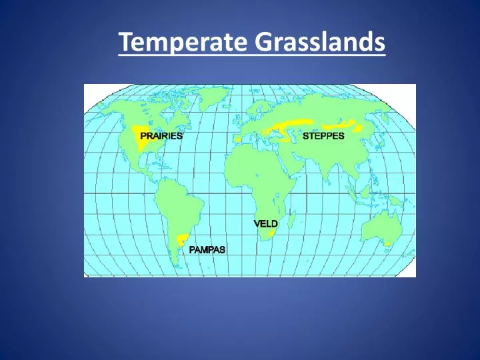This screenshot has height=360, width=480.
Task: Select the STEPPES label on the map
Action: click(323, 135)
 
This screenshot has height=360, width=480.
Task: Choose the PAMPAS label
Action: click(207, 250)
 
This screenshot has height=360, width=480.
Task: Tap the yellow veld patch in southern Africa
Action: click(271, 233)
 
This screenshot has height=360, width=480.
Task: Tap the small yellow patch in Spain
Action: click(237, 139)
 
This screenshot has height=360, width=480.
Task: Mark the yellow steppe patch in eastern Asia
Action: click(347, 124)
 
